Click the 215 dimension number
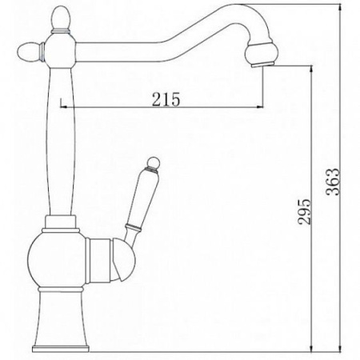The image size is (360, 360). [166, 99]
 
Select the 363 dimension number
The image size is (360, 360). [334, 182]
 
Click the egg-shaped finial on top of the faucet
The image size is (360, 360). [61, 18]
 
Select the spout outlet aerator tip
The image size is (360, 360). [262, 64]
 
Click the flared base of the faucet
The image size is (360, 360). [61, 318]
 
